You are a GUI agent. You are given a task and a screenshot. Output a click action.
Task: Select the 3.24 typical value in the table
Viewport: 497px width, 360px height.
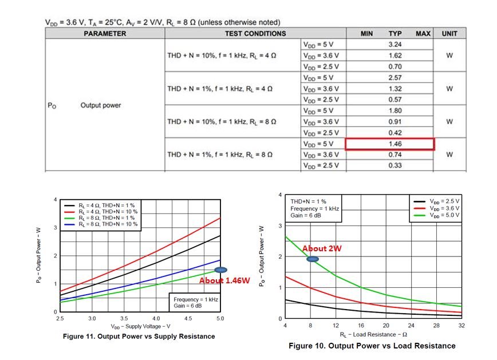point(395,44)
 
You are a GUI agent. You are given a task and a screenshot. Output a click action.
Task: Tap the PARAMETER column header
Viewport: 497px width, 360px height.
point(105,33)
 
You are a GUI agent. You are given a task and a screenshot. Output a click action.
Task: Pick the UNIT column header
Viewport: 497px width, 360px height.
point(449,33)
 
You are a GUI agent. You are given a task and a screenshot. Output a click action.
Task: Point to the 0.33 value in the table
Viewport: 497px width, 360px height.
point(395,166)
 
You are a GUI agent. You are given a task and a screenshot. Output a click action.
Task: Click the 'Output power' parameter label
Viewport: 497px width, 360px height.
point(101,105)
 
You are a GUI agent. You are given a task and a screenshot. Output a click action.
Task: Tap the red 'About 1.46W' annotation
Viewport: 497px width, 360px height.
point(224,280)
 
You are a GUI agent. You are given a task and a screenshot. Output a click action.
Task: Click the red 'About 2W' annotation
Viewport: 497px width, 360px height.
point(322,248)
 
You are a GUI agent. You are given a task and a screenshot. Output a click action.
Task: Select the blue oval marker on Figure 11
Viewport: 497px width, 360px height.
point(220,270)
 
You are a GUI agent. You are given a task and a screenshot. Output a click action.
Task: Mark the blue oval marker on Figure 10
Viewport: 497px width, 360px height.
point(313,259)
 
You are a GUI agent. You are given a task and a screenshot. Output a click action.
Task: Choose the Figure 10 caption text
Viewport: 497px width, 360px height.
point(372,346)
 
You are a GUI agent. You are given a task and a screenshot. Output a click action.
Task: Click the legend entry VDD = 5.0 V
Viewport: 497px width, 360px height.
point(440,216)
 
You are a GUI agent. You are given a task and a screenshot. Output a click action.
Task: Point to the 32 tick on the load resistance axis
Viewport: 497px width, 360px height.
point(462,325)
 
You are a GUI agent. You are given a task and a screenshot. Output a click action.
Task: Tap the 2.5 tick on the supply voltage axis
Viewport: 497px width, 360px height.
point(61,318)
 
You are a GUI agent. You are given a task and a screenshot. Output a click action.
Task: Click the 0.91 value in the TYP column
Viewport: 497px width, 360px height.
point(395,122)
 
